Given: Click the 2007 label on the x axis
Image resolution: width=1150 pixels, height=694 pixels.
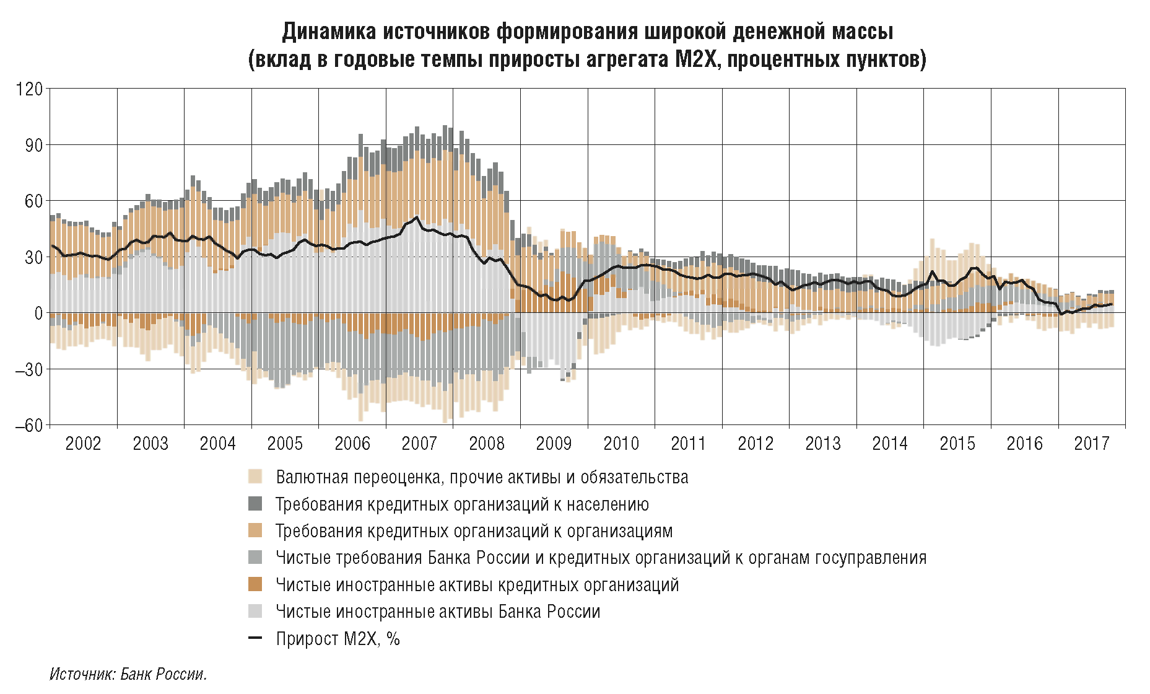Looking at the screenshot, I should pos(419,443).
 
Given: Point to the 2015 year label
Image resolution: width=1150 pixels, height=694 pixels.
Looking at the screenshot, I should pos(957,443).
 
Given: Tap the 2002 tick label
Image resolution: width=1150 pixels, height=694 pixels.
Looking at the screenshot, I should pos(83,443).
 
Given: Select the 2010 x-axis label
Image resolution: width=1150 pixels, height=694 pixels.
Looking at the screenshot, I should pos(621,443).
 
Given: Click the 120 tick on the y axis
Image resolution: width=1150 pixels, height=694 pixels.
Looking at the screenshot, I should pos(30,89).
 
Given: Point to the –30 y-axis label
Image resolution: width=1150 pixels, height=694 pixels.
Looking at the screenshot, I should pos(28,369).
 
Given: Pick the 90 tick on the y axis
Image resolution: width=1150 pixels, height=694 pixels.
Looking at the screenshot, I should pos(33,145).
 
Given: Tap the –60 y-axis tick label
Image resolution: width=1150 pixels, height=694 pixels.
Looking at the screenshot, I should pos(28,426).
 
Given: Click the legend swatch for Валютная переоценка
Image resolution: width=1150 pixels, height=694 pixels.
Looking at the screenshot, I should pos(255,477).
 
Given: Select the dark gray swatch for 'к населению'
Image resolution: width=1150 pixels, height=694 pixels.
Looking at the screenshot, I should pos(255,504).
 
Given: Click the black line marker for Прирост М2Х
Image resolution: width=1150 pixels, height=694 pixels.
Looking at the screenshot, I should pos(255,638).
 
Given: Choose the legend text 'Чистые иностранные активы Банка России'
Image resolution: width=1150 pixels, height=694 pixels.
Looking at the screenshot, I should pos(438,612).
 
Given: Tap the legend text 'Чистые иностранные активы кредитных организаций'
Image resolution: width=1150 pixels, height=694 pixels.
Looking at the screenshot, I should pos(477,584).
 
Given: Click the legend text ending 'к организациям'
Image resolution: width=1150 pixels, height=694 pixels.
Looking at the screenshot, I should pos(474,531).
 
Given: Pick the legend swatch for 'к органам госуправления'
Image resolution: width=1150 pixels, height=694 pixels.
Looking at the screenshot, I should pos(255,558).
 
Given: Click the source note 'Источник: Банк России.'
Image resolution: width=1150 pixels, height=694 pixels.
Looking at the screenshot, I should pos(128,674).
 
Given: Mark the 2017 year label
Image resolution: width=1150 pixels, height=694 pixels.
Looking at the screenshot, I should pos(1092,443).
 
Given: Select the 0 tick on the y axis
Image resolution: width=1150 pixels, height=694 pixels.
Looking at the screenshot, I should pos(38,313).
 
